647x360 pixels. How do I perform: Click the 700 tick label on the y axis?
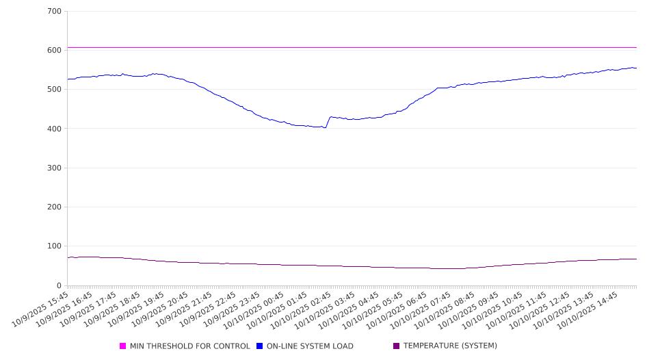click(x=54, y=12)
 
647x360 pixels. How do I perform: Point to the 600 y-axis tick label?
click(x=54, y=51)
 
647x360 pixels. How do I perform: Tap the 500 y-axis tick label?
click(x=54, y=90)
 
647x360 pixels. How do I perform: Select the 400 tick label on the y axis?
click(x=54, y=129)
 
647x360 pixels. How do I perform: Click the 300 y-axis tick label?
click(x=54, y=168)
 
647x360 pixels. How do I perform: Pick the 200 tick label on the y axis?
click(x=54, y=207)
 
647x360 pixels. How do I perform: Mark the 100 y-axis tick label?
click(x=54, y=246)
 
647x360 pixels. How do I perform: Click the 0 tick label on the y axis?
click(x=58, y=285)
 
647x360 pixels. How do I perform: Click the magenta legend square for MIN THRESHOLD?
click(x=123, y=346)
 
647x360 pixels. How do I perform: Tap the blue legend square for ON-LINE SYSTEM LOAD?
click(x=260, y=346)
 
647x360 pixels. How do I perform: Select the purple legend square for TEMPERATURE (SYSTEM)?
click(x=396, y=346)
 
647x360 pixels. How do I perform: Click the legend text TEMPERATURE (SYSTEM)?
click(x=450, y=346)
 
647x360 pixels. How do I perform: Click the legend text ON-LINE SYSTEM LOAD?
click(x=310, y=346)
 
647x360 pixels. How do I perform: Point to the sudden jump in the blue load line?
click(x=328, y=122)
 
